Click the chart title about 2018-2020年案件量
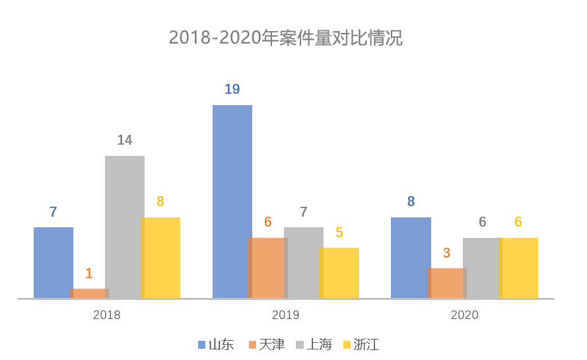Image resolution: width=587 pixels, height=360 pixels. pyautogui.click(x=286, y=38)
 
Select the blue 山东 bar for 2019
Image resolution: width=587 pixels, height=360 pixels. pyautogui.click(x=232, y=201)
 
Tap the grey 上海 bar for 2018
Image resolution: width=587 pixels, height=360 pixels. pyautogui.click(x=125, y=227)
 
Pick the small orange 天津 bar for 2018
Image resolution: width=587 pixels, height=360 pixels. pyautogui.click(x=89, y=293)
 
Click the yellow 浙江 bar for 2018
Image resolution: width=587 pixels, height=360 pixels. pyautogui.click(x=160, y=258)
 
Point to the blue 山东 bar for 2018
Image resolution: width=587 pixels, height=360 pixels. pyautogui.click(x=53, y=263)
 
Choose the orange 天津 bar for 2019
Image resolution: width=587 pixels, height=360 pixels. pyautogui.click(x=268, y=268)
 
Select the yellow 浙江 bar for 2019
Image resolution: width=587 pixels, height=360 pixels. pyautogui.click(x=339, y=273)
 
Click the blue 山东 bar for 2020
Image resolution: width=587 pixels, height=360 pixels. pyautogui.click(x=411, y=258)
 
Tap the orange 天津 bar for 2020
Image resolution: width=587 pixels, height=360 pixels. pyautogui.click(x=447, y=283)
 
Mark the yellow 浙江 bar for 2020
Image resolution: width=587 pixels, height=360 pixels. pyautogui.click(x=518, y=268)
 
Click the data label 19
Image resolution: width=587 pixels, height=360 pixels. pyautogui.click(x=232, y=89)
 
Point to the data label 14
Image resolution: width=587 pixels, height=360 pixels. pyautogui.click(x=125, y=140)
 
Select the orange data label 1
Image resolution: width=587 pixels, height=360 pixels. pyautogui.click(x=88, y=273)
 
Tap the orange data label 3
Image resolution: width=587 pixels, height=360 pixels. pyautogui.click(x=446, y=253)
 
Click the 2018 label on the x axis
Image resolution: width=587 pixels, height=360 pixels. pyautogui.click(x=107, y=315)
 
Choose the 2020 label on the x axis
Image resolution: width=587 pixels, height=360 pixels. pyautogui.click(x=465, y=315)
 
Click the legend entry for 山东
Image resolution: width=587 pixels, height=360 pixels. pyautogui.click(x=216, y=345)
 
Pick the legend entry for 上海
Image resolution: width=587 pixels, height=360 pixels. pyautogui.click(x=314, y=345)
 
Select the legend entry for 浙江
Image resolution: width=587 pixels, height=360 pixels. pyautogui.click(x=361, y=345)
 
